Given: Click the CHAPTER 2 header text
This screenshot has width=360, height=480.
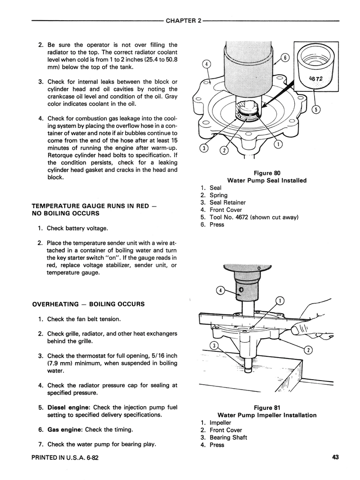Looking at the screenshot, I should pyautogui.click(x=183, y=21).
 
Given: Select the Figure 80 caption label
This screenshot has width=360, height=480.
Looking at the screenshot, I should pyautogui.click(x=267, y=173).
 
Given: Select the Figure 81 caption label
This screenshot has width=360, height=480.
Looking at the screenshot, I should pyautogui.click(x=267, y=408).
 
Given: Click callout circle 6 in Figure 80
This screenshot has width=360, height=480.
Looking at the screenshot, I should pyautogui.click(x=284, y=58).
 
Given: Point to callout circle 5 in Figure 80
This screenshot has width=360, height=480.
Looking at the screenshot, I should pyautogui.click(x=316, y=111).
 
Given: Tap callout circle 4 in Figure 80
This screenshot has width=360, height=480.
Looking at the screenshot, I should pyautogui.click(x=206, y=64).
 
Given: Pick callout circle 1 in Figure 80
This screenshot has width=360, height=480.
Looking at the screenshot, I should pyautogui.click(x=278, y=144).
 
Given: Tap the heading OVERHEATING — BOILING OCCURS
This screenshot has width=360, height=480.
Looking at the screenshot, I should pyautogui.click(x=88, y=304).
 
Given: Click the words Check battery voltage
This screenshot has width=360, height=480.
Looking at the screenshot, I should pyautogui.click(x=77, y=229).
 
